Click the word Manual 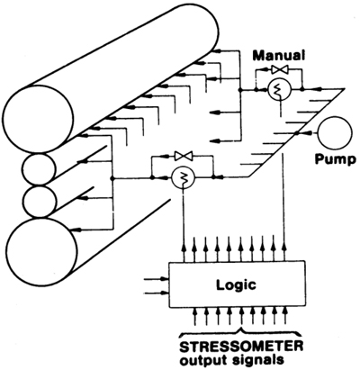click(279, 56)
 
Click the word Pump click(335, 159)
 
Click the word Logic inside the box click(237, 285)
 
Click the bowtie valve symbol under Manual click(280, 70)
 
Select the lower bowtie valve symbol click(184, 156)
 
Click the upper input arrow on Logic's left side click(157, 279)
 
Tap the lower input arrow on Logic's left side click(157, 293)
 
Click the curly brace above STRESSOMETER click(240, 333)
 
